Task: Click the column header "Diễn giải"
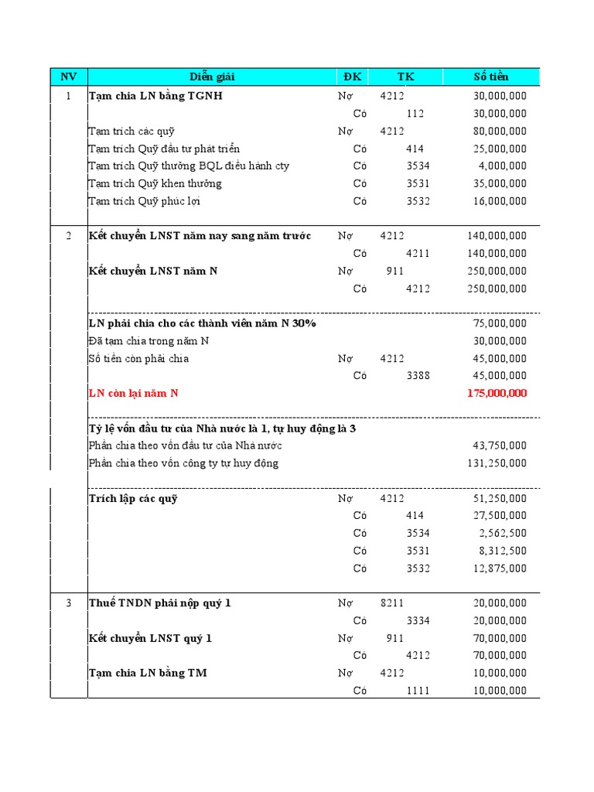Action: (212, 77)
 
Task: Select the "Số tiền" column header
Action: (491, 77)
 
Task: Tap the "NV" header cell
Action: (68, 77)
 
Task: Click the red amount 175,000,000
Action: (497, 394)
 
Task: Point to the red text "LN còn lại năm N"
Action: (133, 394)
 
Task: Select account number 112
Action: (415, 114)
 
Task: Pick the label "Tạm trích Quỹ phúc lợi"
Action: (145, 201)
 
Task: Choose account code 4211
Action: (418, 254)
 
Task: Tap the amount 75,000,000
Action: (500, 323)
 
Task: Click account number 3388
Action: (418, 376)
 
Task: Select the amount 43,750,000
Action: (500, 445)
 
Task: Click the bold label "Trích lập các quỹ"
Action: (133, 499)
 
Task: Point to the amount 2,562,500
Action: (503, 534)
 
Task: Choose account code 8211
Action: (392, 603)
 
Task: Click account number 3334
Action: (418, 621)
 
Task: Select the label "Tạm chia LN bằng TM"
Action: (147, 674)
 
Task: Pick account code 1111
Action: (418, 691)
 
